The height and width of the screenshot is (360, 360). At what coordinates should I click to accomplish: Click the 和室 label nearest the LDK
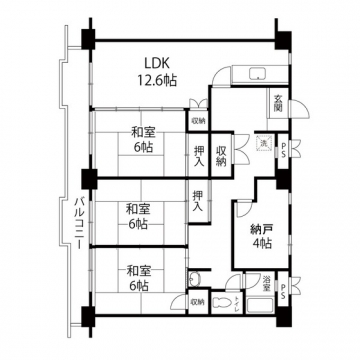pyautogui.click(x=139, y=132)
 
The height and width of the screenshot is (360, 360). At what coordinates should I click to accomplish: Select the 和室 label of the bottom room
pyautogui.click(x=137, y=270)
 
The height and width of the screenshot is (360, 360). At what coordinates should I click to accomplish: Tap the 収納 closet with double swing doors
pyautogui.click(x=220, y=153)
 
